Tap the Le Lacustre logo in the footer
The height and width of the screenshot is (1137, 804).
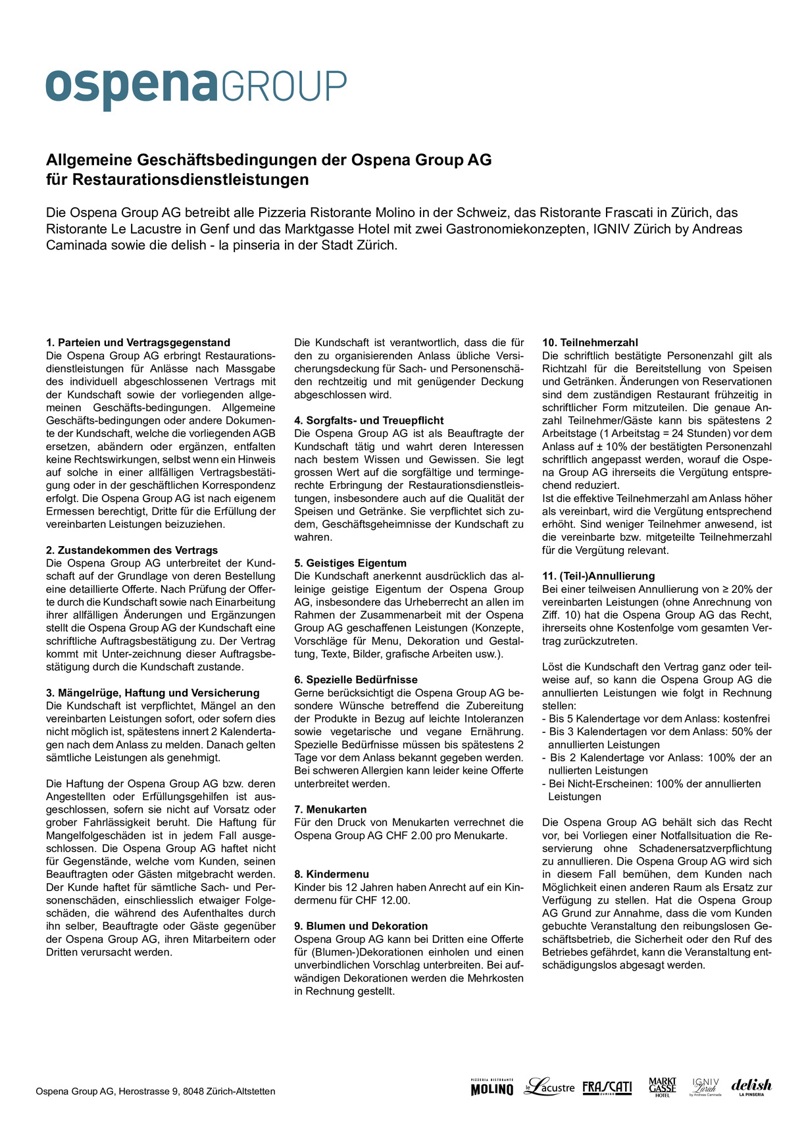[x=549, y=1087]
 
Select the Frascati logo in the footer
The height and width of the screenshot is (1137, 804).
[x=607, y=1087]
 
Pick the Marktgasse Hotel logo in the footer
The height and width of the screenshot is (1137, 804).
[x=663, y=1087]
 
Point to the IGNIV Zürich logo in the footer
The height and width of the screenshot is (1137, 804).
[x=705, y=1087]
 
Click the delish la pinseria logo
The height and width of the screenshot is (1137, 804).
[x=751, y=1087]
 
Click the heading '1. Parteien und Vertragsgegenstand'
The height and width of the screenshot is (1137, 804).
[x=138, y=343]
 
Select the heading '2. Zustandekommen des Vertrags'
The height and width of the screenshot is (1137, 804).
[x=132, y=550]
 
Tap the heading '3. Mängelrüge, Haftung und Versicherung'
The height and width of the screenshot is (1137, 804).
[x=153, y=693]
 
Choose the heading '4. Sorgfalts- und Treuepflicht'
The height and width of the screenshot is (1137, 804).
[x=369, y=420]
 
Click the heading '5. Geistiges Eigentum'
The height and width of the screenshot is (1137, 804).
[x=351, y=563]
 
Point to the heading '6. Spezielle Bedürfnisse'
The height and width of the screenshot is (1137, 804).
[x=356, y=680]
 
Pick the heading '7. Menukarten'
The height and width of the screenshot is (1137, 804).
[x=330, y=809]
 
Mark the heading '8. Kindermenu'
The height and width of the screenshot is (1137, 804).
[x=332, y=874]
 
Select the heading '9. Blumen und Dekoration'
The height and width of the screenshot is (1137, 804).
[x=361, y=926]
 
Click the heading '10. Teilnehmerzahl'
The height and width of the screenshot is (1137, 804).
[x=590, y=343]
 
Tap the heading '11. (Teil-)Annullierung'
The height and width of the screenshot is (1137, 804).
[x=598, y=576]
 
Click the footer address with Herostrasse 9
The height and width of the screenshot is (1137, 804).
[x=155, y=1091]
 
